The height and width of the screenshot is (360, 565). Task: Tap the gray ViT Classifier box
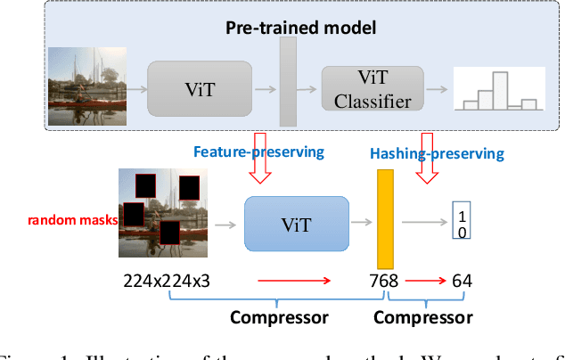coord(373,89)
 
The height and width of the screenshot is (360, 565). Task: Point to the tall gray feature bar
coord(288,82)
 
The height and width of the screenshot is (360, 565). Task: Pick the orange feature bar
coord(385,217)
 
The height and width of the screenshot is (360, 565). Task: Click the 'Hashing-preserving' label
coord(437,153)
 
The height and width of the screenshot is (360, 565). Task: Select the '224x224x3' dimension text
coord(167,282)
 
